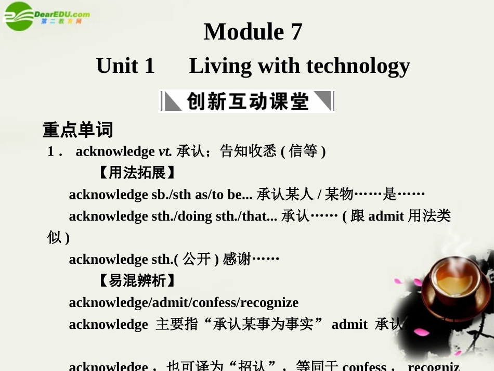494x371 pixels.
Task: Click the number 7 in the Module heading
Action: [296, 32]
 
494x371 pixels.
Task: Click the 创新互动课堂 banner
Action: [247, 101]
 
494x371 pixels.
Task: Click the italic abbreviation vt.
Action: [165, 151]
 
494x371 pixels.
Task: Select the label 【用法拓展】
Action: [137, 173]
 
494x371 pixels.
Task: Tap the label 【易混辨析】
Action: [137, 281]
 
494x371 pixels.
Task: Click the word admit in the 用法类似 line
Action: [386, 216]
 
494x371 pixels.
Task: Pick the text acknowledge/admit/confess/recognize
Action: [184, 302]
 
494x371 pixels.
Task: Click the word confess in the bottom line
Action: [364, 366]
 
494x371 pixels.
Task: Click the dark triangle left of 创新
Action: [173, 101]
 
